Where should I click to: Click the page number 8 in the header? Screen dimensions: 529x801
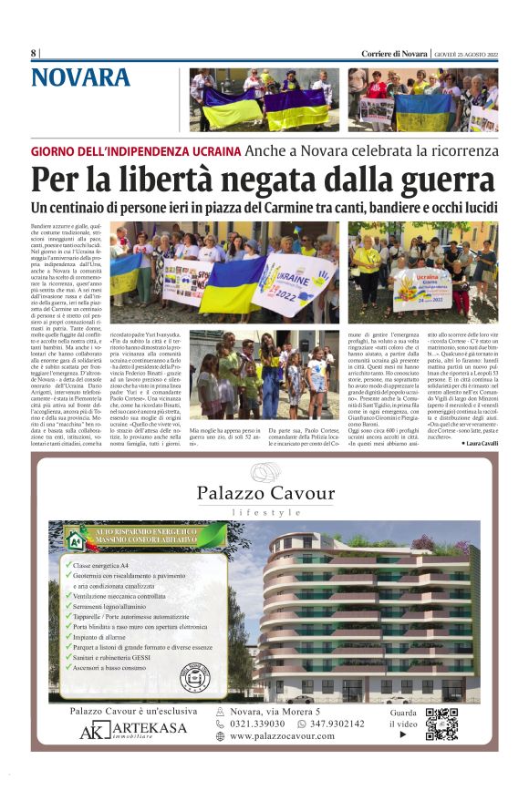click(33, 54)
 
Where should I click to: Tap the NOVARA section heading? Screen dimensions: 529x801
click(80, 78)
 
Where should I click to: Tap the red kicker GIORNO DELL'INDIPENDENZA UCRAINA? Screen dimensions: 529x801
click(135, 150)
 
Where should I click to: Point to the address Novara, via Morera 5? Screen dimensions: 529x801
click(275, 711)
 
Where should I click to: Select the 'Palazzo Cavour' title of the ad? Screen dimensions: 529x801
click(264, 494)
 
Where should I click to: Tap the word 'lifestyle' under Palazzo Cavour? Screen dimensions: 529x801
click(265, 513)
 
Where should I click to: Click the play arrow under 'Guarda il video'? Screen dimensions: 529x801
click(403, 734)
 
